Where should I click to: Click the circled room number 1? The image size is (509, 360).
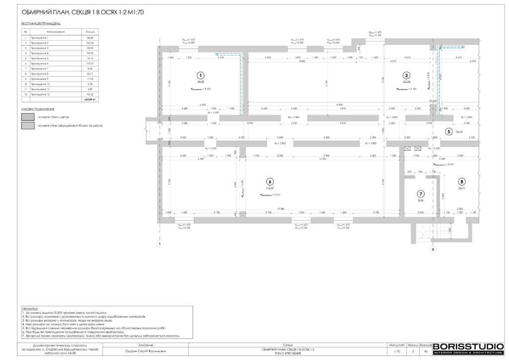click(x=200, y=74)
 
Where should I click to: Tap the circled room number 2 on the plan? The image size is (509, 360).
click(x=406, y=75)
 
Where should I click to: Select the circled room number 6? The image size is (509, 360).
click(x=269, y=181)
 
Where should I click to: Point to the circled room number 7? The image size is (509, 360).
click(x=421, y=193)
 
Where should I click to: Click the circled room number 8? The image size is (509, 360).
click(x=462, y=181)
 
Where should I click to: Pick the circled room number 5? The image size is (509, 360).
click(x=449, y=132)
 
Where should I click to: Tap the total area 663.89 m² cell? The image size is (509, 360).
click(x=89, y=99)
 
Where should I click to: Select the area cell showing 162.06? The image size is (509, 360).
click(x=89, y=43)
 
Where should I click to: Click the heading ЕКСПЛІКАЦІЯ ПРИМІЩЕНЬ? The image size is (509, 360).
click(x=41, y=23)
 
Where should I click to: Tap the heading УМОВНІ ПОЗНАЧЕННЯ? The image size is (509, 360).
click(x=38, y=108)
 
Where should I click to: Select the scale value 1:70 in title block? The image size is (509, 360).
click(x=397, y=352)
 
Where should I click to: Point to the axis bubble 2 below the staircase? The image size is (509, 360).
click(x=433, y=249)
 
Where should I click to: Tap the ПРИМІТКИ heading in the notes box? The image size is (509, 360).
click(x=30, y=309)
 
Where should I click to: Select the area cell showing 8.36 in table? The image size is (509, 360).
click(x=89, y=68)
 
